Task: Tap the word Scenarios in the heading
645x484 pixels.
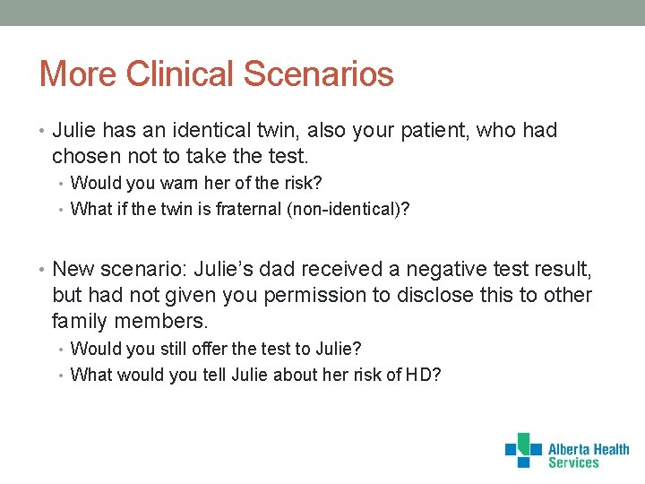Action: (x=327, y=73)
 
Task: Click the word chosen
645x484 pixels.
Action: (x=86, y=156)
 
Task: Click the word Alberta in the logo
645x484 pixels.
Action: (x=568, y=449)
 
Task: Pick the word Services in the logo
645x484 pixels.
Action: (x=573, y=463)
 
